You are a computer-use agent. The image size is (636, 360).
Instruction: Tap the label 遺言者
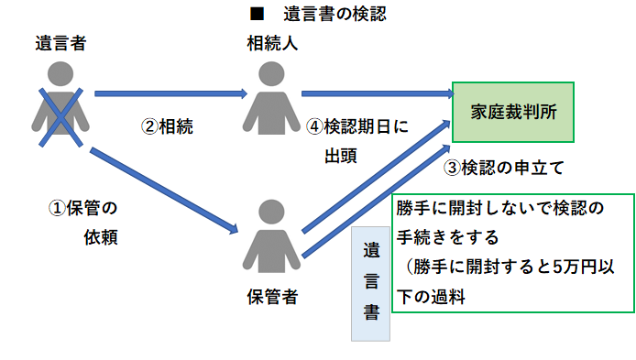tap(61, 43)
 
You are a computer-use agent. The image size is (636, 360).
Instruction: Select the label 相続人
tap(272, 43)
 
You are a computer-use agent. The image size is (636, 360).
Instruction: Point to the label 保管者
tap(272, 297)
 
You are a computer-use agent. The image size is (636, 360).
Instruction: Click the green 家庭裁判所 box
tap(513, 112)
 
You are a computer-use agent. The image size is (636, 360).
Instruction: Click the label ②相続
tap(167, 126)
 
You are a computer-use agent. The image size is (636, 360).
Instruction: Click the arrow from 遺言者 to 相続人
tap(170, 93)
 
